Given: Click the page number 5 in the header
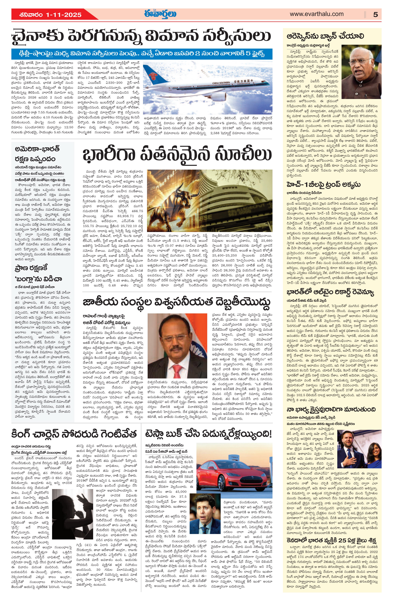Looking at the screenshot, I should click(375, 14).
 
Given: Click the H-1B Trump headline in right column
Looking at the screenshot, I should click(324, 184).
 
